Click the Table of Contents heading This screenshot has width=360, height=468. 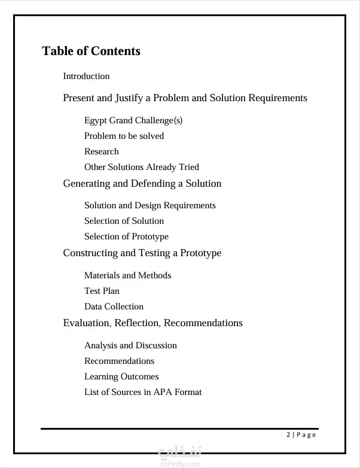point(91,51)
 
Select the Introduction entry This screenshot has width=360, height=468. point(86,76)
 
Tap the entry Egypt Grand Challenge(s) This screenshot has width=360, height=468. point(133,120)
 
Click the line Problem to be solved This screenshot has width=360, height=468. point(124,136)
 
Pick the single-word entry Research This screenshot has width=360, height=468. point(101,151)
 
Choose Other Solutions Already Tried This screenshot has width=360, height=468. point(141,167)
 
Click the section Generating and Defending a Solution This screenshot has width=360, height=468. point(142,183)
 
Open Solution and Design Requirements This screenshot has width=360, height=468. point(150,205)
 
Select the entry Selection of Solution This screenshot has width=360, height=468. point(124,221)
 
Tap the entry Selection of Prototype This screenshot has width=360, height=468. point(126,236)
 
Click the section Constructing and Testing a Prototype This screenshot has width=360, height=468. point(142,253)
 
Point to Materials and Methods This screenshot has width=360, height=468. point(127,275)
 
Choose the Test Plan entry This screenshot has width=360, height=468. point(102,291)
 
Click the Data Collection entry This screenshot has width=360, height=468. point(114,306)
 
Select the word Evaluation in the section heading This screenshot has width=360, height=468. point(86,323)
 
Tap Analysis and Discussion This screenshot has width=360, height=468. point(130,345)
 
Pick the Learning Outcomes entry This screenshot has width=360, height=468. point(121,376)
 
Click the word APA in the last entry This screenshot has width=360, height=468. point(163,392)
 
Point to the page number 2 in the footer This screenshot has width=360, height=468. point(288,434)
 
